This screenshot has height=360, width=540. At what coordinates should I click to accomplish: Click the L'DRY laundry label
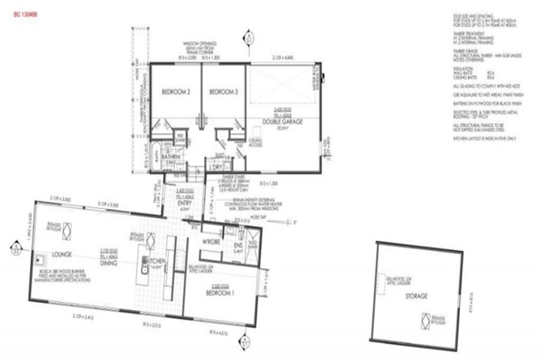point(214,168)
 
